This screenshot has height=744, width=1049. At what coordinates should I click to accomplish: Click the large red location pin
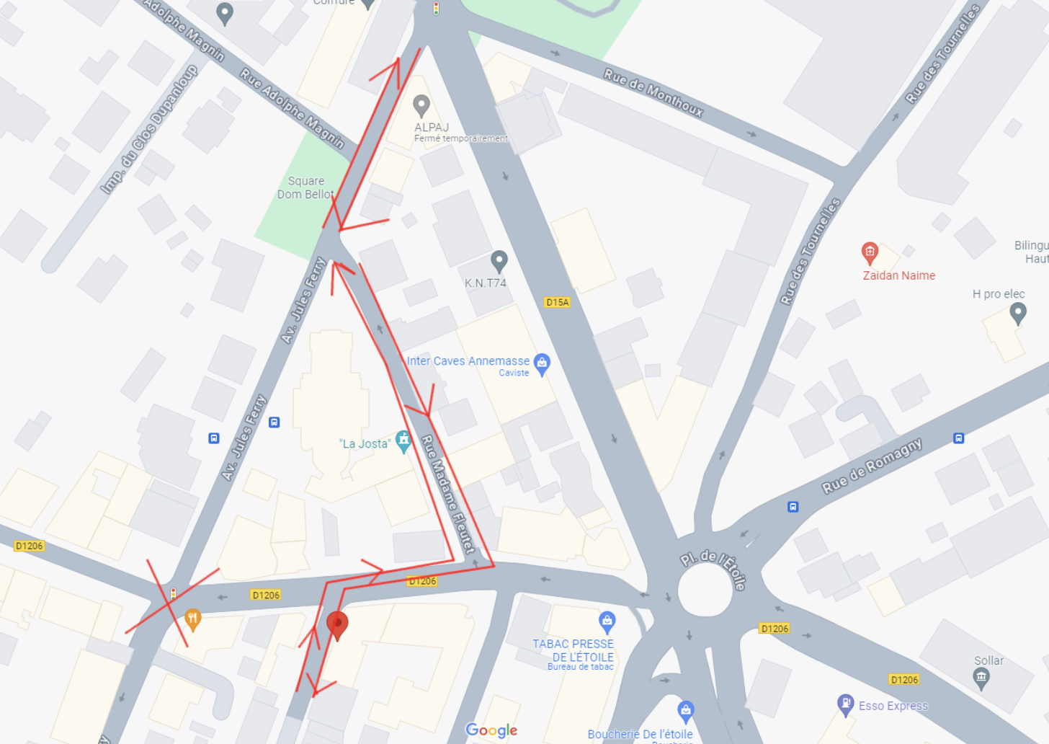337,624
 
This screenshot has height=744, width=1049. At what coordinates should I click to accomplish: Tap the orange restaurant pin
192,619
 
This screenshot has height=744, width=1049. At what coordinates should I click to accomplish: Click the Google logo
491,730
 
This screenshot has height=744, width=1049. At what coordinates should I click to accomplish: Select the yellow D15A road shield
557,302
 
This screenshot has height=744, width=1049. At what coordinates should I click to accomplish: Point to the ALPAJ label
432,127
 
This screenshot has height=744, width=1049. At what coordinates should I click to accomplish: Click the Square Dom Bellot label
305,187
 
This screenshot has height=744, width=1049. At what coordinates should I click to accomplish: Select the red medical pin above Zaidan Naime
870,252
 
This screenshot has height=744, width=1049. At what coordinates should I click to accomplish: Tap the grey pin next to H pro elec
1017,312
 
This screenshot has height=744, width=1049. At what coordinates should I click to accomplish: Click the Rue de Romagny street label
872,466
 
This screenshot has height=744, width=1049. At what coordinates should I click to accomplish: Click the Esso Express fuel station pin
845,704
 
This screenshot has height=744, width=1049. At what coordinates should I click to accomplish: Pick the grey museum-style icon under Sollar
981,678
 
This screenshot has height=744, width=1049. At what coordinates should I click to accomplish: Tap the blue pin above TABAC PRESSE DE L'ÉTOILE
607,621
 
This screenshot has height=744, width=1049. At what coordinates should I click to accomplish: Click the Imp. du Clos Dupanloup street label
149,130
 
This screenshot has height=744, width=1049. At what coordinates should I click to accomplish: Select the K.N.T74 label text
486,283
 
